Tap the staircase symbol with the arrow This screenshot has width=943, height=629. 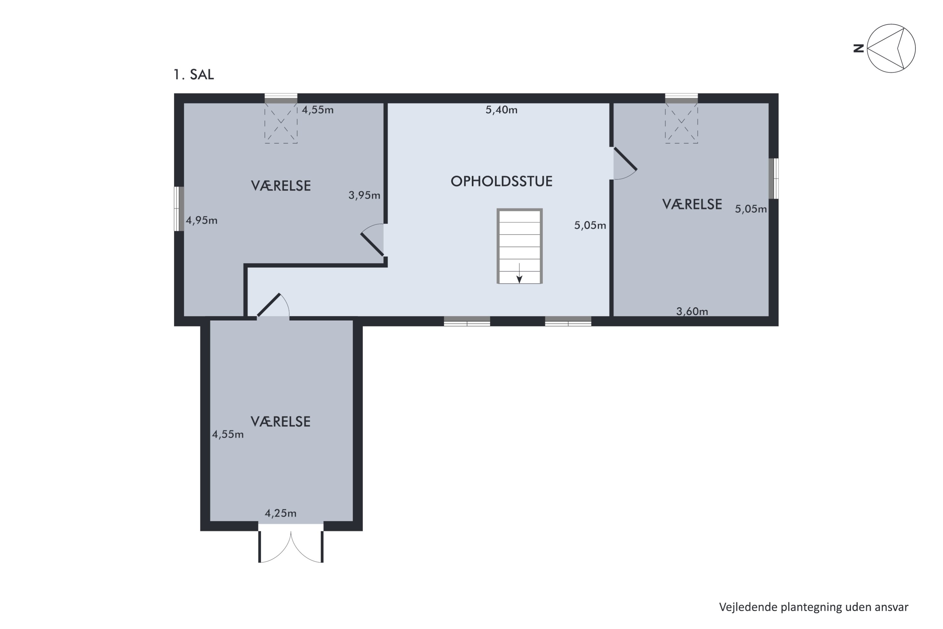point(519,246)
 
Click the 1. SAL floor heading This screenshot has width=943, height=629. point(194,75)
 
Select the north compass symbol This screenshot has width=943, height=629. point(891,48)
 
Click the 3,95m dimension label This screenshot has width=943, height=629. point(364,195)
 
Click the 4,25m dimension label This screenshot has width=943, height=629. point(280,513)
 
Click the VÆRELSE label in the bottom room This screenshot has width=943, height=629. point(280,422)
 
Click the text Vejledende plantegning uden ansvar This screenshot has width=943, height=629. point(813,607)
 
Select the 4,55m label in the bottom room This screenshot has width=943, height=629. point(228,434)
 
